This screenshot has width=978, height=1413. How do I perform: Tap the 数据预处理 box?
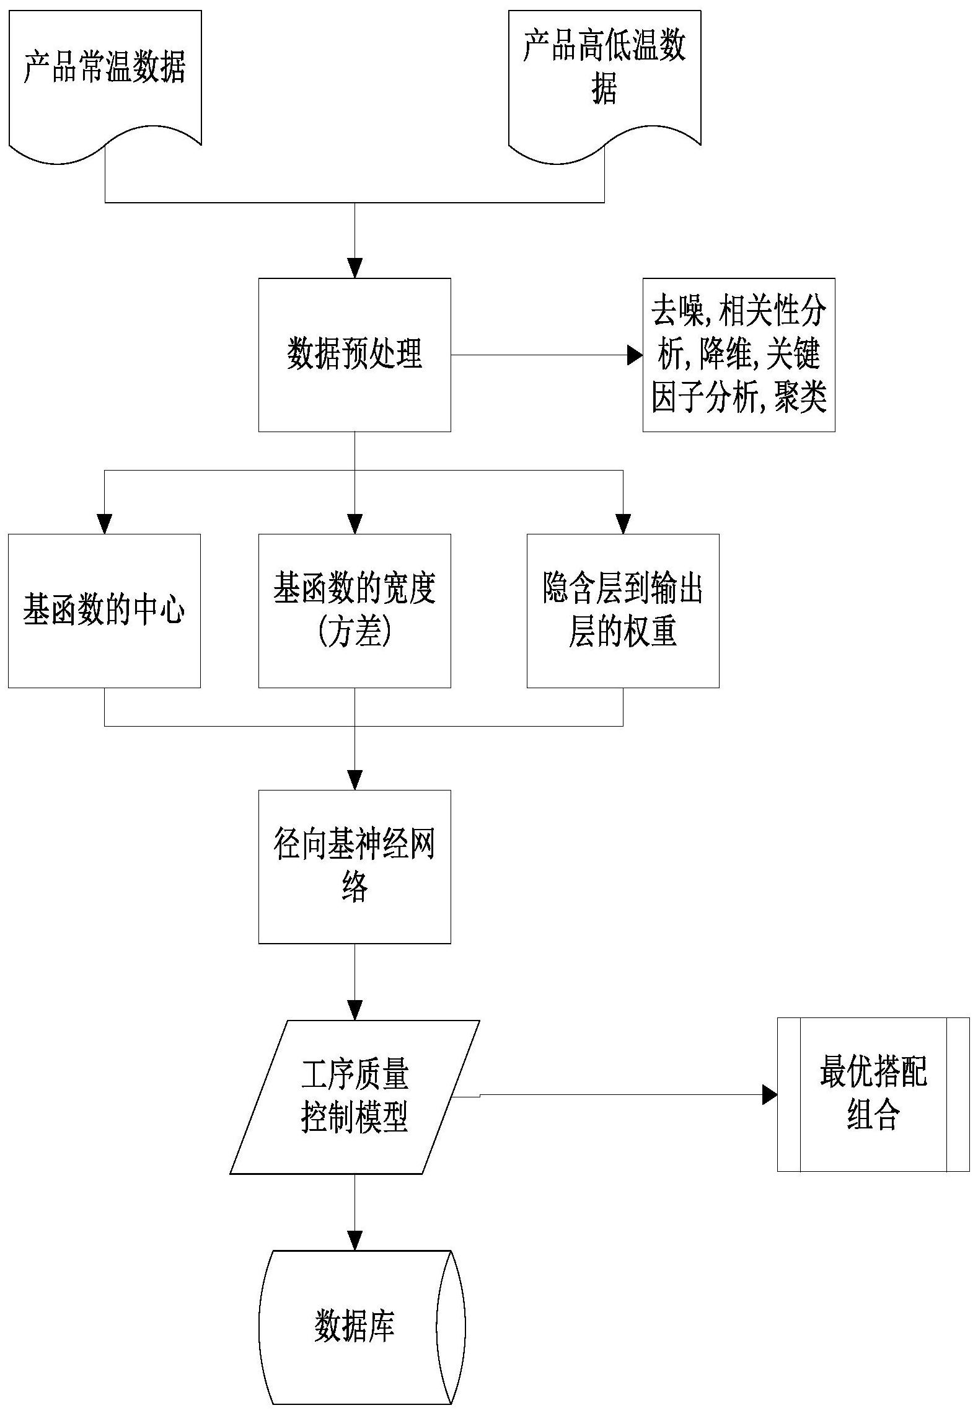click(355, 355)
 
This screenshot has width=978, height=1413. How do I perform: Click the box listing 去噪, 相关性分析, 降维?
click(738, 355)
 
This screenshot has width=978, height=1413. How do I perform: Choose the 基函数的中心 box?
click(104, 610)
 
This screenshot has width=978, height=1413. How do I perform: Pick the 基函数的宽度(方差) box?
click(355, 610)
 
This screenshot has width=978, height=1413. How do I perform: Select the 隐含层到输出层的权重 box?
click(622, 610)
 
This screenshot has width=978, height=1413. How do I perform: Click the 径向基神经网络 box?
click(355, 866)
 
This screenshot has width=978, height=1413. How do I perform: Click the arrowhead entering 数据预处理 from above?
click(355, 268)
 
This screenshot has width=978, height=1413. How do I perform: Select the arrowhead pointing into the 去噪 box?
click(634, 355)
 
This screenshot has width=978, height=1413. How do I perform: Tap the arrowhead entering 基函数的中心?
click(105, 524)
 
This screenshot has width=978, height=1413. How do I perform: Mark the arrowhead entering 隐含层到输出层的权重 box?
click(622, 524)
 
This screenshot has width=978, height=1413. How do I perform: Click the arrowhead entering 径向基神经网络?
click(355, 780)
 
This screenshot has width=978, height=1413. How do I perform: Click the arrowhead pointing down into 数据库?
click(355, 1241)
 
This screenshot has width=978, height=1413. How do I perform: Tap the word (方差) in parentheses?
click(355, 632)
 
